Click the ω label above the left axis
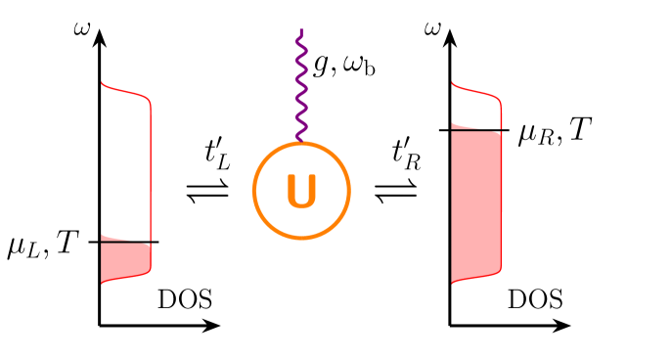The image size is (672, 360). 83,28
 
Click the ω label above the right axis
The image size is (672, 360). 432,28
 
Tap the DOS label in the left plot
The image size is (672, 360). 185,300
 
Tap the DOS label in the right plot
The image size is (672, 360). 535,300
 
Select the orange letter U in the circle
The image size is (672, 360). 301,192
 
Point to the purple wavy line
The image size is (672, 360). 301,88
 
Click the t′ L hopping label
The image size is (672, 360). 217,155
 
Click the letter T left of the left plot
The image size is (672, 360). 67,243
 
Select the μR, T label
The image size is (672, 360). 555,131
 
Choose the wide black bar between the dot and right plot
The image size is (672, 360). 362,180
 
